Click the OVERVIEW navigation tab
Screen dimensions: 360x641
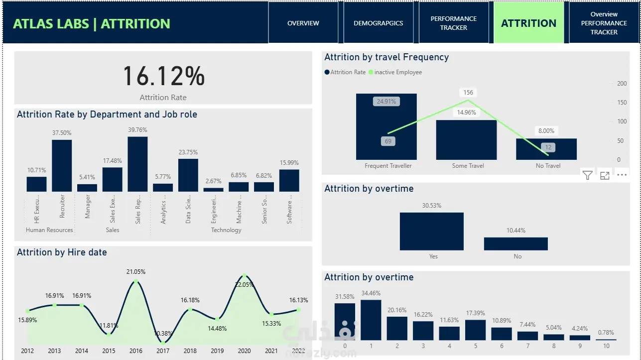(303, 23)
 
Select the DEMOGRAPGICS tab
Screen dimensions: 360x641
(378, 23)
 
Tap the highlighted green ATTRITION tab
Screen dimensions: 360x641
(528, 23)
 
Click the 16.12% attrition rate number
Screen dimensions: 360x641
(163, 77)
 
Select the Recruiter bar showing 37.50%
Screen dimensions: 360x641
(62, 165)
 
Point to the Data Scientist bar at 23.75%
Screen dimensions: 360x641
(188, 175)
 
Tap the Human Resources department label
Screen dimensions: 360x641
(49, 230)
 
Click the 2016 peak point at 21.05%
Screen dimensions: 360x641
(135, 282)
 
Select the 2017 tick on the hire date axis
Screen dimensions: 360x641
(163, 351)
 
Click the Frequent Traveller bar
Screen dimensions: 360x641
(386, 126)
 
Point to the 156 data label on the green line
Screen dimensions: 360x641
(468, 93)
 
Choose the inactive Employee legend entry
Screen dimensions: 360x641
(397, 72)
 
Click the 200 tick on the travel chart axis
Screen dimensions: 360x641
(622, 84)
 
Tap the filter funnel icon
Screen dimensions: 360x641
(588, 175)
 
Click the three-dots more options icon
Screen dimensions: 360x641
(622, 175)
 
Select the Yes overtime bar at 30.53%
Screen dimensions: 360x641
(431, 231)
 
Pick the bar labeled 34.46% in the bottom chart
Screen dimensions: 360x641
(371, 320)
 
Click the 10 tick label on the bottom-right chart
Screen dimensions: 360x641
(606, 346)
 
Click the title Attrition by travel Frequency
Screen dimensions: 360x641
(386, 57)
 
